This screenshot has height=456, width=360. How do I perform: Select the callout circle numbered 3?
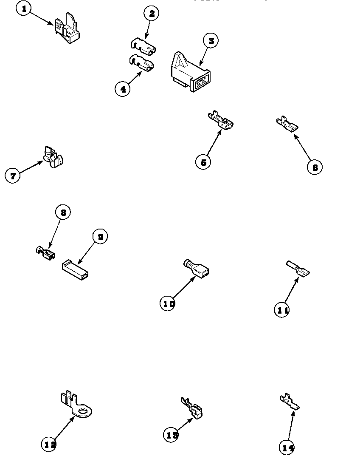point(211,41)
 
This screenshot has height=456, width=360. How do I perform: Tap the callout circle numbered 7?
point(13,176)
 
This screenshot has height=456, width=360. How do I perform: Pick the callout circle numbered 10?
point(168,303)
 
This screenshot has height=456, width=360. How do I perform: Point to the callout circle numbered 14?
point(287,447)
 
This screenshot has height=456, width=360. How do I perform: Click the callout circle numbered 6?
point(315,167)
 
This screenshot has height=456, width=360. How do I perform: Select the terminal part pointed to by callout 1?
point(67,29)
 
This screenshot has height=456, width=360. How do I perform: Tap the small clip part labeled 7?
point(53,157)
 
